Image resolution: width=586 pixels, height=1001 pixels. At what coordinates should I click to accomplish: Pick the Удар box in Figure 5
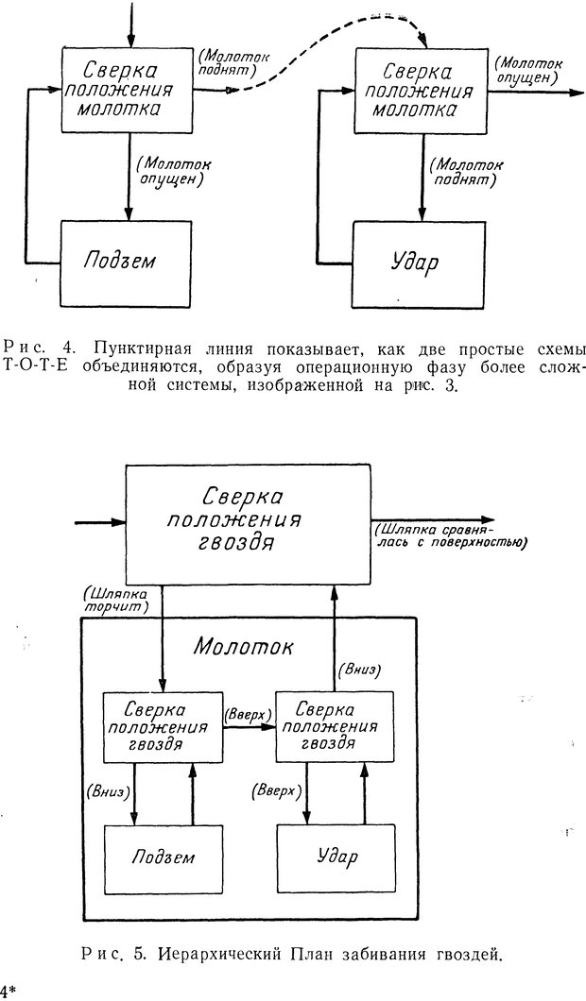point(334,857)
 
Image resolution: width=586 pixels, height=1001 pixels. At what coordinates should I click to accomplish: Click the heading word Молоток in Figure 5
point(244,647)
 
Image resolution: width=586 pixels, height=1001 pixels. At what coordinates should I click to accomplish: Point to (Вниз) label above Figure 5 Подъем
point(107,789)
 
